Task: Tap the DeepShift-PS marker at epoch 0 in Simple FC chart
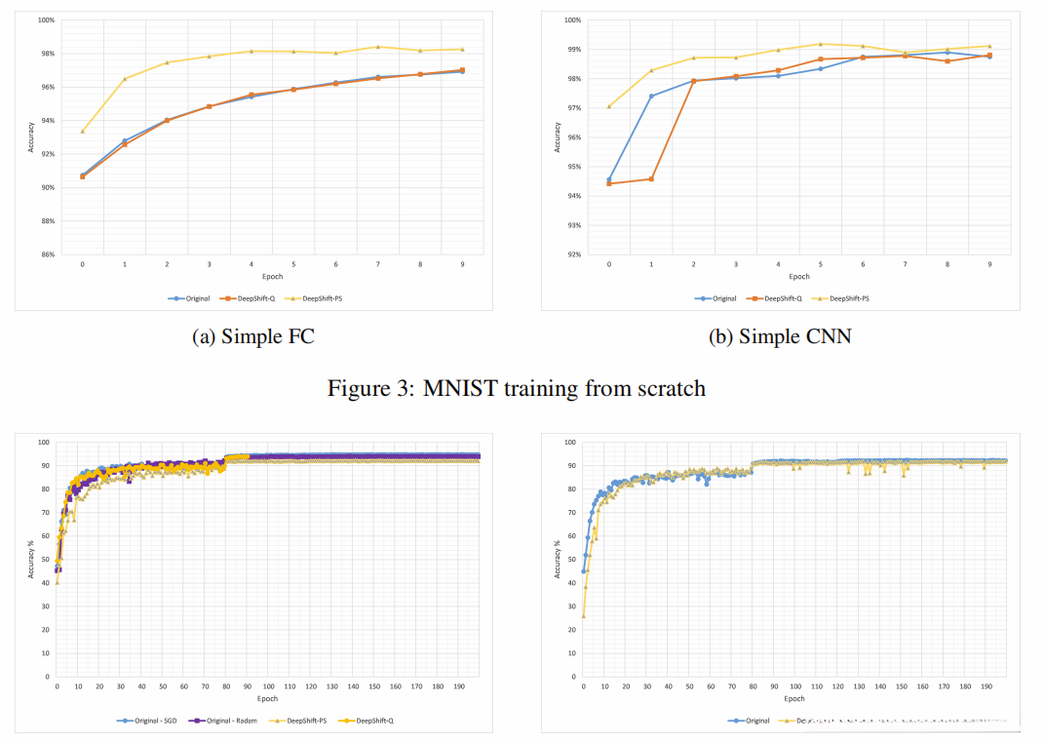tap(82, 131)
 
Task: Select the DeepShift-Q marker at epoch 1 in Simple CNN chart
tap(651, 178)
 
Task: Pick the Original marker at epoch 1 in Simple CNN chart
tap(651, 96)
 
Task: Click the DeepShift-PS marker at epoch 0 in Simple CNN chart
tap(609, 106)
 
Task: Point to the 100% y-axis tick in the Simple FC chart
tap(45, 20)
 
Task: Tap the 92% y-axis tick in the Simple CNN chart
tap(574, 254)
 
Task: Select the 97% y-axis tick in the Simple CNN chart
tap(574, 108)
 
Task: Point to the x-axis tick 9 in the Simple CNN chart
tap(988, 264)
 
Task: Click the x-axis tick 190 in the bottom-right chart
tap(986, 686)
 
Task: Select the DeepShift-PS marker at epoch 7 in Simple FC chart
tap(376, 47)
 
